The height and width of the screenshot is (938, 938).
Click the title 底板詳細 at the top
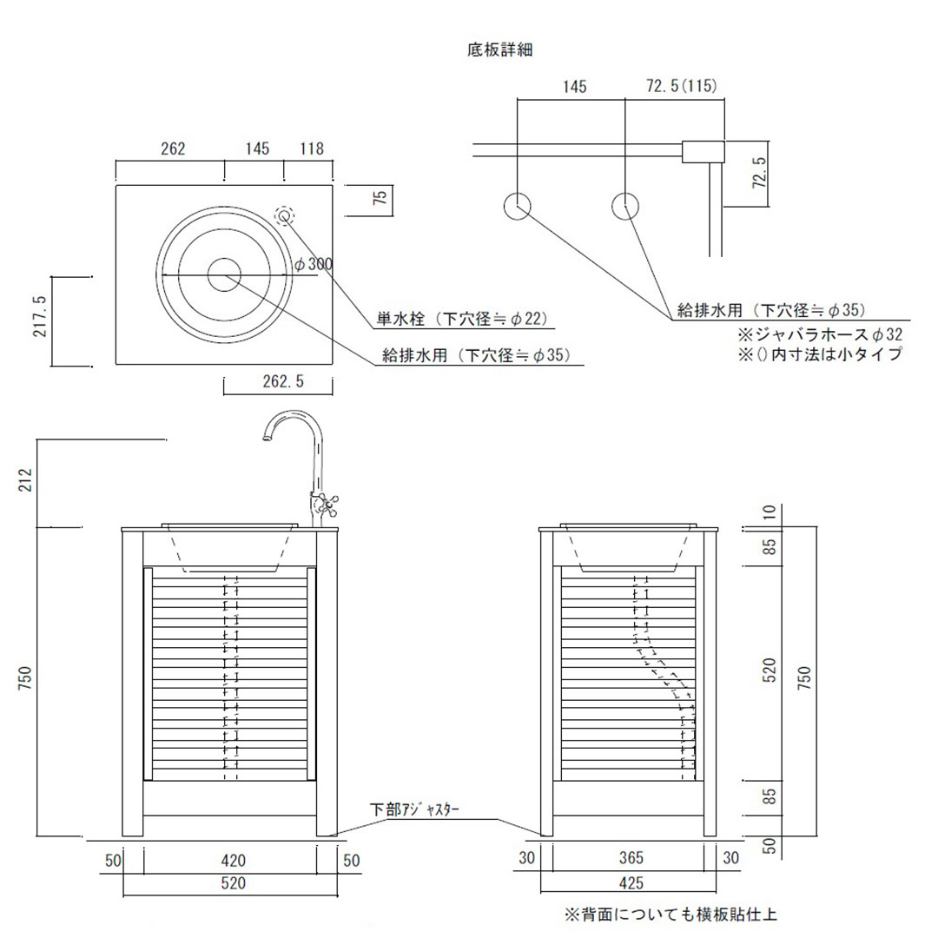(499, 50)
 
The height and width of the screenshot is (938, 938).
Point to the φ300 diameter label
(314, 264)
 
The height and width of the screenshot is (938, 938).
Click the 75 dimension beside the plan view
(380, 200)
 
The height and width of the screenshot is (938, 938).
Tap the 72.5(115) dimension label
(682, 87)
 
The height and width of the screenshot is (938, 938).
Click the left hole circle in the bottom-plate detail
(518, 207)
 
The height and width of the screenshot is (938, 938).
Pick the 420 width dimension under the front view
(233, 861)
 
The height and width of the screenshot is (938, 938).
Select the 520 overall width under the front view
(233, 884)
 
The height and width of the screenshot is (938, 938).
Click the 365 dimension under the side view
(631, 858)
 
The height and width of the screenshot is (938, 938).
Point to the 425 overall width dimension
(631, 882)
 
